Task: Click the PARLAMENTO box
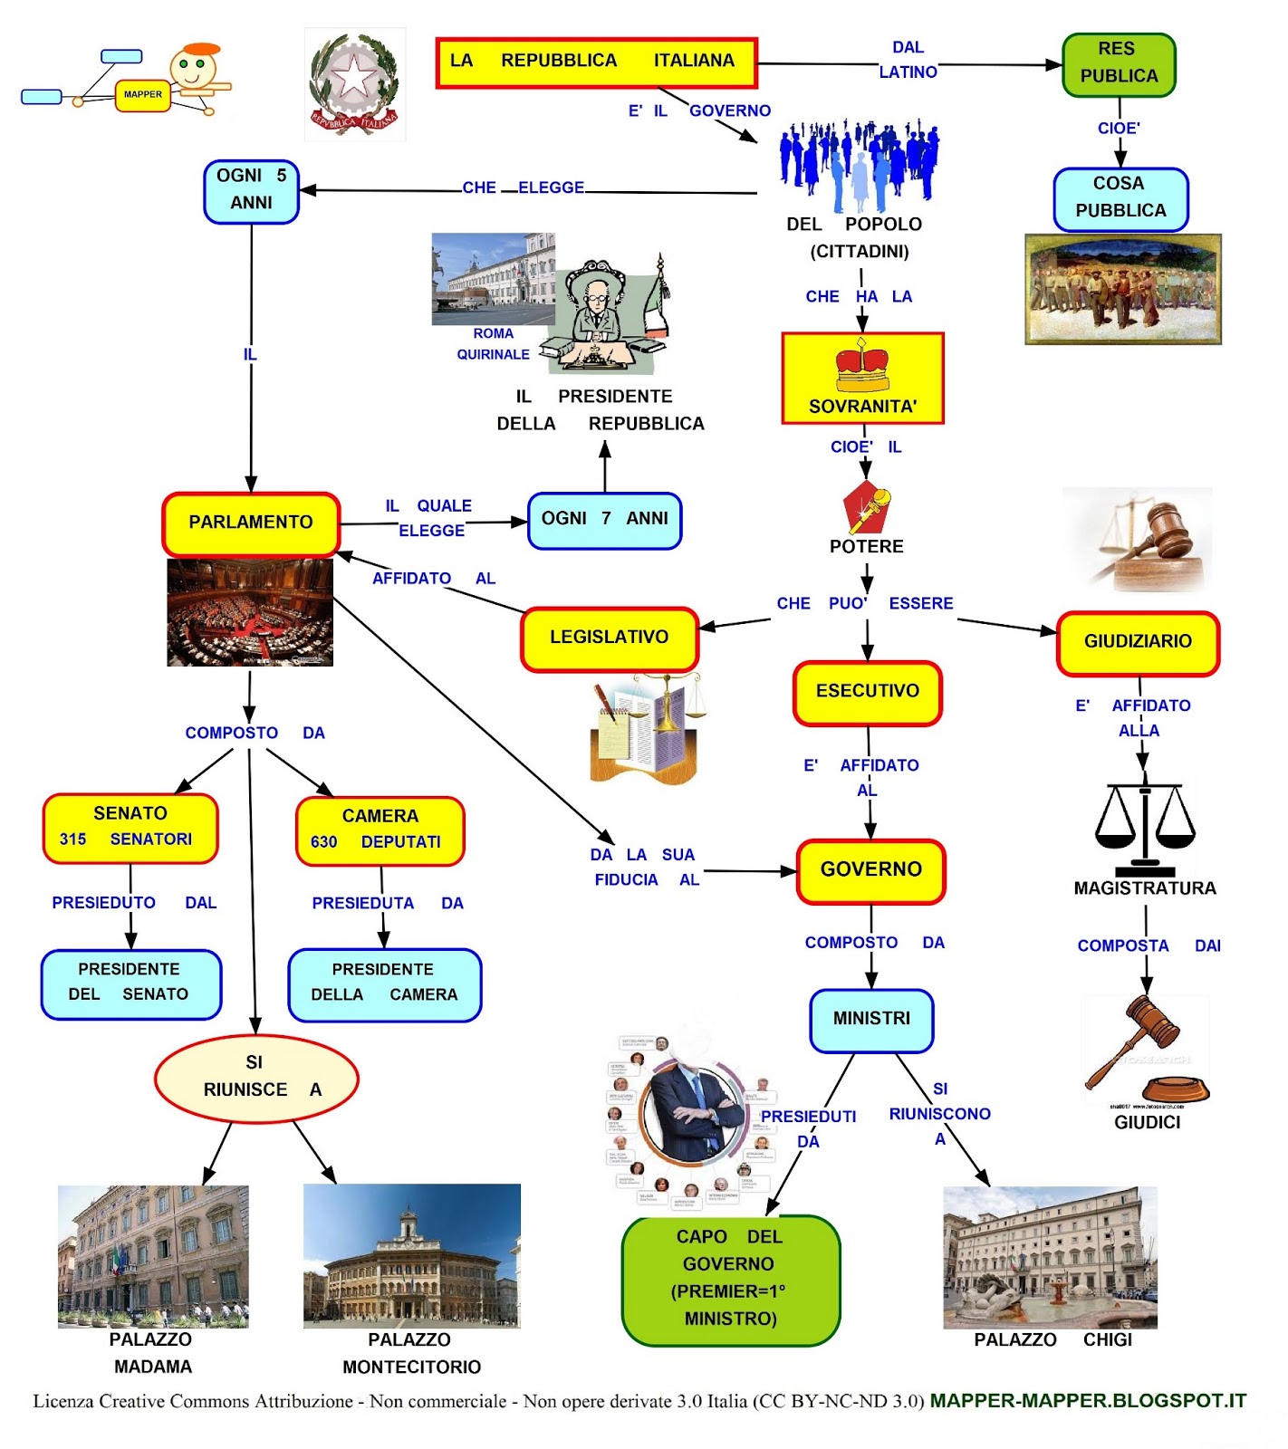tap(251, 523)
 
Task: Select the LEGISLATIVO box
tap(609, 638)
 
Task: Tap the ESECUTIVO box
tap(867, 692)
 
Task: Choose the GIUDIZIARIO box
tap(1138, 642)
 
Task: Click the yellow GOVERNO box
tap(870, 870)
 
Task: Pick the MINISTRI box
tap(870, 1020)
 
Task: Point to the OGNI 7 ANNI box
tap(604, 520)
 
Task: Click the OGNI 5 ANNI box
tap(251, 190)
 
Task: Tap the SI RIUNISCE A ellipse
tap(256, 1078)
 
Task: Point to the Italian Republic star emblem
tap(354, 83)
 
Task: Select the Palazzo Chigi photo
tap(1050, 1257)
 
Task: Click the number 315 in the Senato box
tap(72, 840)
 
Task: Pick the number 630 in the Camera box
tap(323, 843)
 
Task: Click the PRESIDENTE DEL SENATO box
tap(130, 983)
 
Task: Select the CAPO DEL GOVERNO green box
tap(730, 1278)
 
